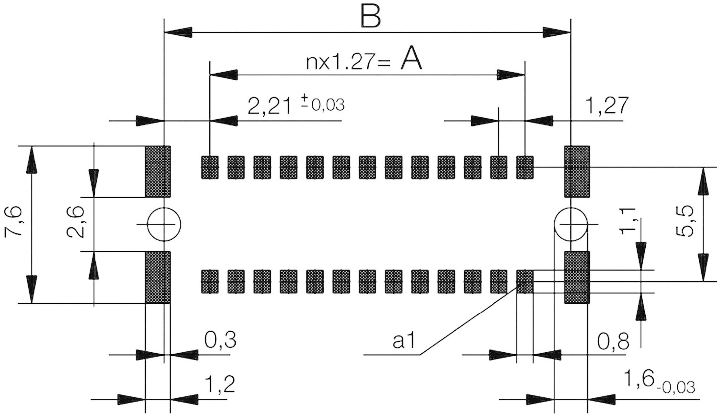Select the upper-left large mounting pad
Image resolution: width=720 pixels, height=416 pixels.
tap(158, 171)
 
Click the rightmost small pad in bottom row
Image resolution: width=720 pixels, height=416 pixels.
tap(525, 281)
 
